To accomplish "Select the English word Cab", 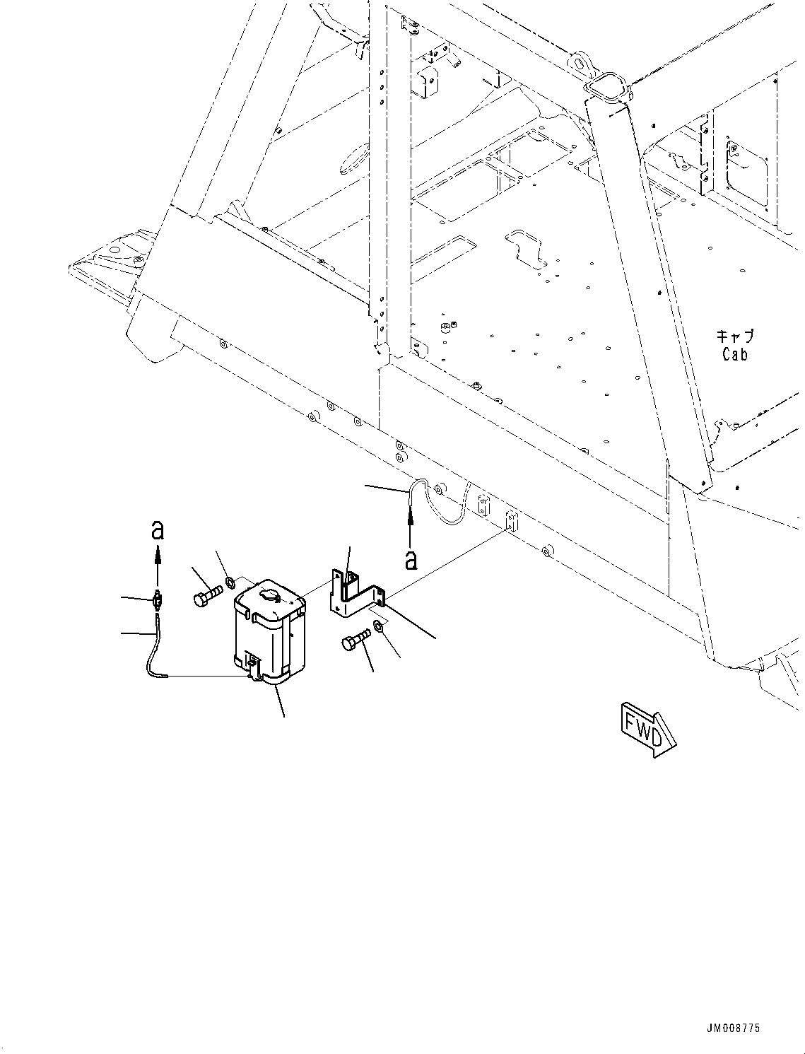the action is pos(735,355).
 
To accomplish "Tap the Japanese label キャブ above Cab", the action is pos(735,336).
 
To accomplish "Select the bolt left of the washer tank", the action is pos(208,594).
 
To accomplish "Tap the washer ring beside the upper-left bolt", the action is pos(230,582).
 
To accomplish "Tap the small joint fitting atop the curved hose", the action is pos(157,600).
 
